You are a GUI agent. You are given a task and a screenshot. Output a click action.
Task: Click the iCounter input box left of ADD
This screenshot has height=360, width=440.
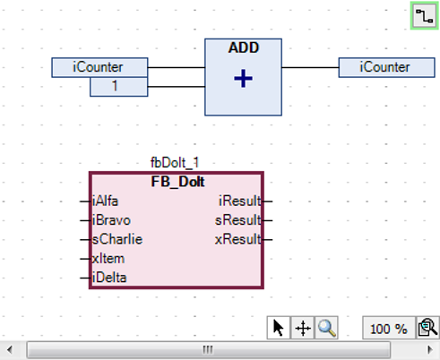coord(99,67)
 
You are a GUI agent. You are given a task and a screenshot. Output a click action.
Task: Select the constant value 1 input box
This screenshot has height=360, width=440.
coord(115,86)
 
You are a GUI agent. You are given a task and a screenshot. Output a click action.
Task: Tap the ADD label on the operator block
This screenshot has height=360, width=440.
coord(243,48)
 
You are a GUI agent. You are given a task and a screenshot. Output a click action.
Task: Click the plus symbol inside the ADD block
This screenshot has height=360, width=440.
coord(243,80)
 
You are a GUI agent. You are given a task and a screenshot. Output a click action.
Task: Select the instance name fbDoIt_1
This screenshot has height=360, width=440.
coord(176,163)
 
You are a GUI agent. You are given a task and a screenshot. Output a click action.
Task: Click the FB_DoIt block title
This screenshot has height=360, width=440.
coord(177,181)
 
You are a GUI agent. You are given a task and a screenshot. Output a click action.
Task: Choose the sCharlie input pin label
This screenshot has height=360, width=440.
coord(117,239)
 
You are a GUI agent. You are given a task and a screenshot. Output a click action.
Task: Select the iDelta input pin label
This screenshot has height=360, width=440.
coord(110,278)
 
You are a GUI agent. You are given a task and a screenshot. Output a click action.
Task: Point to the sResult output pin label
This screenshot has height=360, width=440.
coord(238,219)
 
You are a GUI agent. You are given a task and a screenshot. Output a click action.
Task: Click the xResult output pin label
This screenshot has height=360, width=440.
coord(238,239)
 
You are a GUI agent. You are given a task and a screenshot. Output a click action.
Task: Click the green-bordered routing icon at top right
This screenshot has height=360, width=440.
coord(424,15)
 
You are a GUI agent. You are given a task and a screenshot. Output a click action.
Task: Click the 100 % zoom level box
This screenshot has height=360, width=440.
coord(388,329)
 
